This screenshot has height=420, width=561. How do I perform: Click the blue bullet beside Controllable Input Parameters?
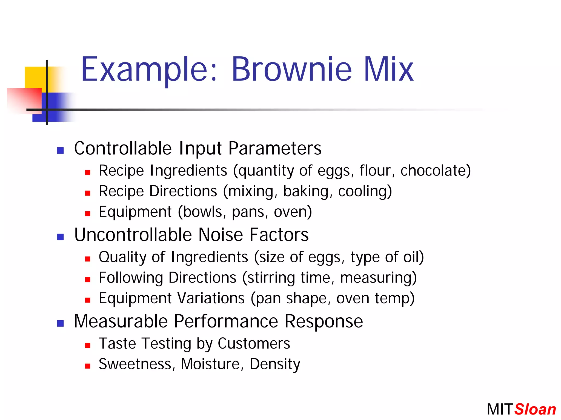pyautogui.click(x=61, y=150)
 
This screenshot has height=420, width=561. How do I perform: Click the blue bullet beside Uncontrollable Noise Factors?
pyautogui.click(x=61, y=237)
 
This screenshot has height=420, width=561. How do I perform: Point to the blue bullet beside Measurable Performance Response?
pyautogui.click(x=61, y=323)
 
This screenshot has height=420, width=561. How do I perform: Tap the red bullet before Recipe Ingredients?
pyautogui.click(x=88, y=172)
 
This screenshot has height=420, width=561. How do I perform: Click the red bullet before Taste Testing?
pyautogui.click(x=88, y=345)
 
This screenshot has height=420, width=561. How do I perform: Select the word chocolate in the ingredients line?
pyautogui.click(x=433, y=171)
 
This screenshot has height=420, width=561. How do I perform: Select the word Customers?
pyautogui.click(x=254, y=344)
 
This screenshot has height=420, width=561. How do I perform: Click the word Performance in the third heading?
pyautogui.click(x=226, y=321)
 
